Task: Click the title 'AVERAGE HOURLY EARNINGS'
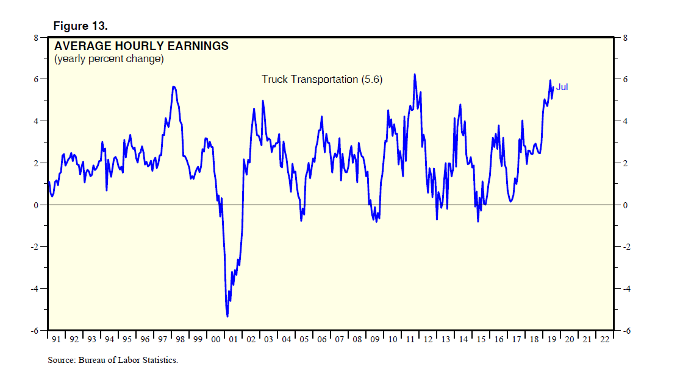[x=141, y=46]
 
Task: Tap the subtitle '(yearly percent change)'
[x=109, y=59]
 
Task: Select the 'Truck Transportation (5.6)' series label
[x=322, y=79]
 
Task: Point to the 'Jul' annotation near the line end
[x=562, y=88]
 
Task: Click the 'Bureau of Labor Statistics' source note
[x=113, y=361]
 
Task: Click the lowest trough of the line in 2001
[x=227, y=316]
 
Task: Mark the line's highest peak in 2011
[x=415, y=74]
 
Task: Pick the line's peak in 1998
[x=174, y=86]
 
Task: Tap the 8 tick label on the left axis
[x=35, y=37]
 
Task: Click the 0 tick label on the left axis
[x=35, y=205]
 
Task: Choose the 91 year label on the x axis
[x=55, y=340]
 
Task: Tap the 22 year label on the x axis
[x=604, y=340]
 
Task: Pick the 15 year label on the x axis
[x=480, y=340]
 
